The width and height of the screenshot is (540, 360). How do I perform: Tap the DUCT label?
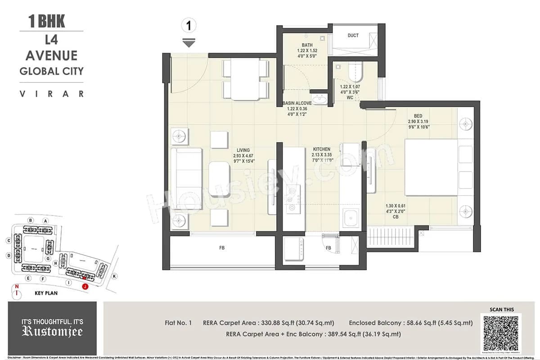pos(353,36)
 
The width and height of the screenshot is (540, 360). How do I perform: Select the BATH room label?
pos(307,45)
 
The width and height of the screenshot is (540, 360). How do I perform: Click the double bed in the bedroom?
pos(432,167)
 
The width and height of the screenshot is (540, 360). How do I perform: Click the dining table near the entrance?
pos(243,80)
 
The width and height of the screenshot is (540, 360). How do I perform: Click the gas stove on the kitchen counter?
pos(293,200)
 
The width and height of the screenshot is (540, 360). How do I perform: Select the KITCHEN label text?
pos(322,149)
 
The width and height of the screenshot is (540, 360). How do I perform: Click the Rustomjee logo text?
pos(52,333)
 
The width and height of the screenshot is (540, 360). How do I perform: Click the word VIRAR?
pos(51,94)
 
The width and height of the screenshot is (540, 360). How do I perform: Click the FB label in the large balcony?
pos(222,248)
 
